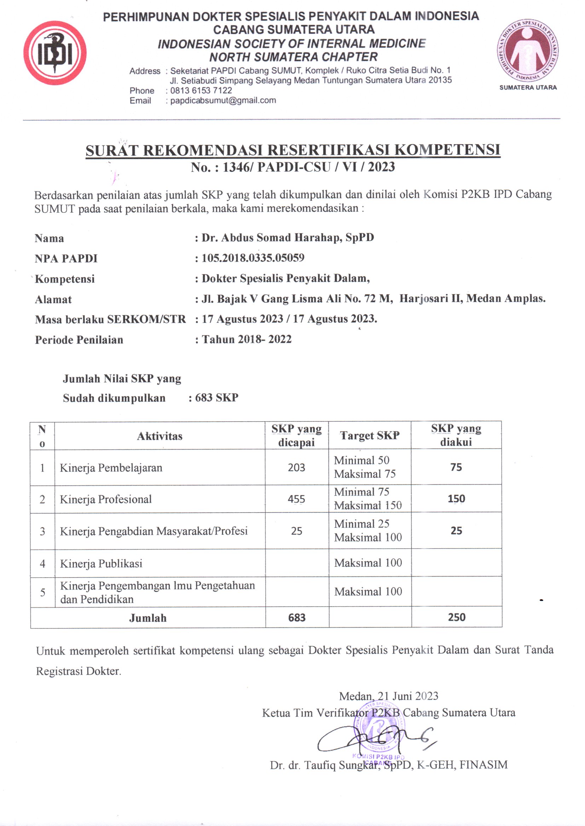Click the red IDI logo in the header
tap(55, 53)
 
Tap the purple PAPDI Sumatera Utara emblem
tap(528, 51)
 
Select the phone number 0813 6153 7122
tap(201, 90)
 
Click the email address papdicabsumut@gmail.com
tap(223, 100)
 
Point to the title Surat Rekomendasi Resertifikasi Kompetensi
tap(292, 150)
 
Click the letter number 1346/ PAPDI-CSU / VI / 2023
tap(292, 167)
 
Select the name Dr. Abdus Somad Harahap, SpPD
tap(288, 237)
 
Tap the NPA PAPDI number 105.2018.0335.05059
tap(253, 258)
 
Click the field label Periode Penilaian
tap(79, 340)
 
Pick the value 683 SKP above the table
tap(216, 397)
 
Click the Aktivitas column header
tap(160, 436)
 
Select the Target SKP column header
tap(370, 436)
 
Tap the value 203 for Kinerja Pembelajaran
tap(296, 467)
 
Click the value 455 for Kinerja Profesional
tap(296, 499)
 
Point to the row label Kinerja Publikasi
tap(101, 564)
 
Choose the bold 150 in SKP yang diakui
tap(456, 498)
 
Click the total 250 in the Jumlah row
tap(456, 617)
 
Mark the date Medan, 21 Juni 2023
tap(389, 696)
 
